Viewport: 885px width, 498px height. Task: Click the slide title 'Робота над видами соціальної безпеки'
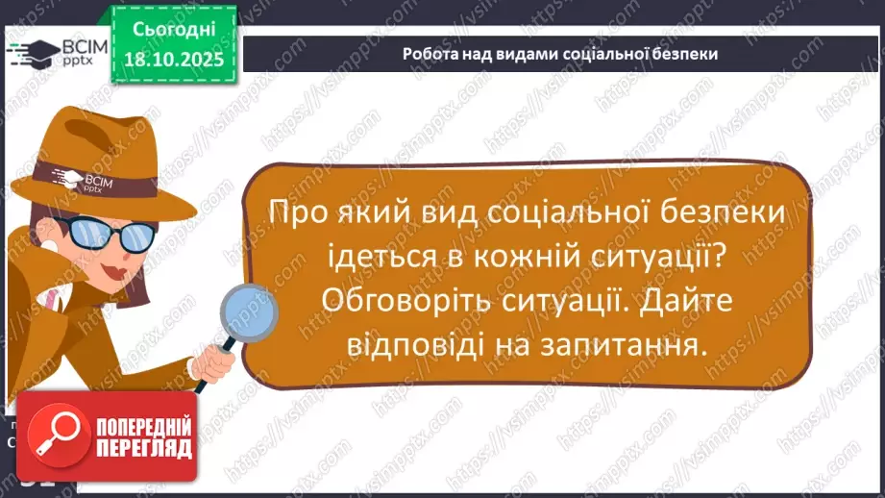[x=560, y=54]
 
